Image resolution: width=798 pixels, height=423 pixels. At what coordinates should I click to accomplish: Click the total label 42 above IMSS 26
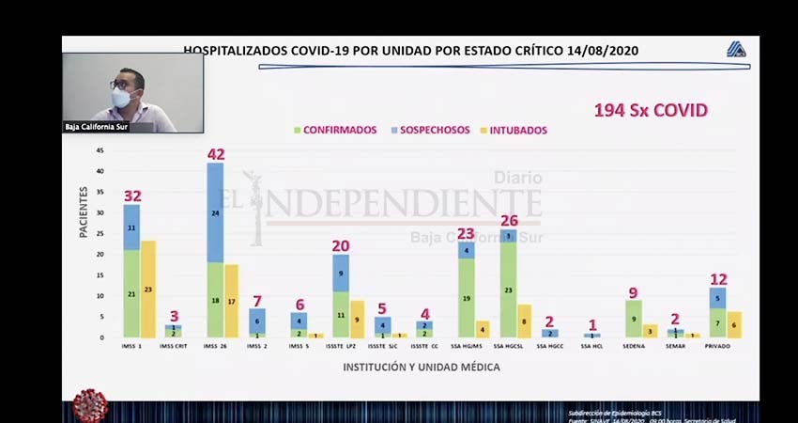(216, 154)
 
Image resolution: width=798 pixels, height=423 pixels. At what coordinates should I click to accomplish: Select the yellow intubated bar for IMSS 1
(147, 289)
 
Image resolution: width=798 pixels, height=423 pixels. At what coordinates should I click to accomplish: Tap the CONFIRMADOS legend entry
(335, 130)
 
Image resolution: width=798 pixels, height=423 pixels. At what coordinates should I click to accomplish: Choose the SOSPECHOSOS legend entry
(427, 130)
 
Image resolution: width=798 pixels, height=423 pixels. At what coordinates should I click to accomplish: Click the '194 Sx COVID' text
(650, 111)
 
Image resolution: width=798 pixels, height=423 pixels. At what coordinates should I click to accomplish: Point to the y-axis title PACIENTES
(84, 211)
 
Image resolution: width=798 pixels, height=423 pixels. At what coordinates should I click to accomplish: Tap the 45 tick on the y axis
(100, 150)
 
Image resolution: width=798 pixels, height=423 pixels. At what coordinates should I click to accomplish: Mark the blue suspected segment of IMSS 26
(215, 212)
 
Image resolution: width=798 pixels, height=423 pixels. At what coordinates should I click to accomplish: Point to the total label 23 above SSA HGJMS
(467, 233)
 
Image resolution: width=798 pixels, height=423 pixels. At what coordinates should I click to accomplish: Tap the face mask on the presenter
(122, 97)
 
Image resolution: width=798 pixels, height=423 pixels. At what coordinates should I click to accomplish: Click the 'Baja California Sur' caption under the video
(94, 127)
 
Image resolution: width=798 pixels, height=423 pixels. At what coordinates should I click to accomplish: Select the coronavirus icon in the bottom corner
(90, 405)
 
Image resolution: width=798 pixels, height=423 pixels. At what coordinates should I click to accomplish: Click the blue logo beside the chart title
(735, 51)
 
